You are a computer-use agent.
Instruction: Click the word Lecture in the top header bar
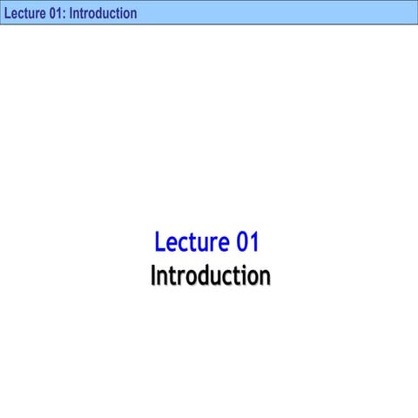coord(24,13)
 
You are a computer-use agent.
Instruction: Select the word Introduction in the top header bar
coord(103,13)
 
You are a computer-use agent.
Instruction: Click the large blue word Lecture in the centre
coord(192,241)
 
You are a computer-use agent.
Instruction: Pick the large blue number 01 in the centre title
coord(248,241)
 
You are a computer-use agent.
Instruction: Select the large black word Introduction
coord(210,275)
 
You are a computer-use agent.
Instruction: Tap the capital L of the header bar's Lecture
coord(6,13)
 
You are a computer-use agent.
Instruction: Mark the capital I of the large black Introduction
coord(153,275)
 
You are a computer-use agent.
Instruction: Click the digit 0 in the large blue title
coord(242,241)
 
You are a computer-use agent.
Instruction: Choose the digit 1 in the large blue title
coord(254,241)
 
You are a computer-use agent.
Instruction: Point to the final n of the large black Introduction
coord(264,276)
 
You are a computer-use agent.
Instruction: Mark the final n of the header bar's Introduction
coord(132,14)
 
